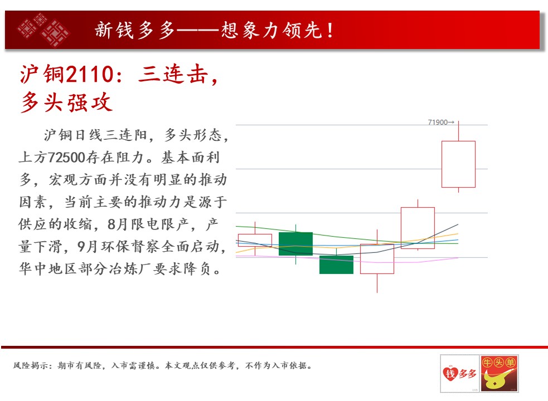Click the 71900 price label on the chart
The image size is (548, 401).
click(438, 123)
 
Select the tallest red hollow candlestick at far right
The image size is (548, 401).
click(458, 164)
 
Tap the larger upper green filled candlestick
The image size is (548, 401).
click(295, 243)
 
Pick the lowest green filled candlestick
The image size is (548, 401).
click(336, 265)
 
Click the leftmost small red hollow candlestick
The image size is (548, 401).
click(255, 240)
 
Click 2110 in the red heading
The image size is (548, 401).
click(89, 75)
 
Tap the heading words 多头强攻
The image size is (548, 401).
click(66, 102)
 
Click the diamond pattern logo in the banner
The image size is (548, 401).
click(43, 30)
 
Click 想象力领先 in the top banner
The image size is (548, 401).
click(271, 30)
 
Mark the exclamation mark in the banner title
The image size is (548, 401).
click(330, 31)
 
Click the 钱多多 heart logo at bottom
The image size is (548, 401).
click(460, 373)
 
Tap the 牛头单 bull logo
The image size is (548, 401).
click(499, 373)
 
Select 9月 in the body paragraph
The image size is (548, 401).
click(86, 247)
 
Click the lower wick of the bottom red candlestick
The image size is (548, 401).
click(377, 283)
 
